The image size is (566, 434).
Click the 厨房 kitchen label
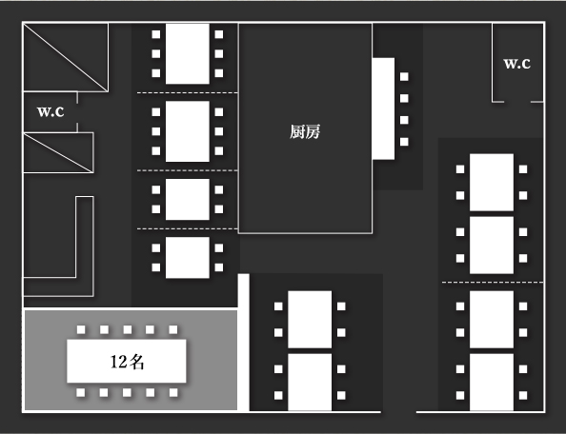(x=305, y=132)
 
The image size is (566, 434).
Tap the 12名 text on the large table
(x=127, y=362)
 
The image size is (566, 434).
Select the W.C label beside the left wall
(x=51, y=111)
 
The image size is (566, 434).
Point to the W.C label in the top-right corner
(x=516, y=64)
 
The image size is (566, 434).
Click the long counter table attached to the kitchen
(x=383, y=108)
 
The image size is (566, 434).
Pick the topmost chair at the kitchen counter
(x=404, y=76)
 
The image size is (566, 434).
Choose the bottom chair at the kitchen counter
(x=404, y=142)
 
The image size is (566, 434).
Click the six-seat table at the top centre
(x=188, y=53)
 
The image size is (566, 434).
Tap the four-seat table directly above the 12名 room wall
(x=188, y=257)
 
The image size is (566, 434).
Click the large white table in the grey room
(x=127, y=361)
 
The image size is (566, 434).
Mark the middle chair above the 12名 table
(x=128, y=329)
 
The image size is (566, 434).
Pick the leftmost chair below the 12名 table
(x=81, y=392)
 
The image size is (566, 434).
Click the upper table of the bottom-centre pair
(x=310, y=320)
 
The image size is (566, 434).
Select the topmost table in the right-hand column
(x=492, y=183)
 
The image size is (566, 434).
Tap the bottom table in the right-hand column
(x=492, y=382)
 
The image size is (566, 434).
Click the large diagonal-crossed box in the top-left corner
(x=66, y=57)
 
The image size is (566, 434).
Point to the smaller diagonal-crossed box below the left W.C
(x=58, y=153)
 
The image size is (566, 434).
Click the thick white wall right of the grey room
(x=244, y=343)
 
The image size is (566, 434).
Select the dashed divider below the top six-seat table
(x=188, y=93)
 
